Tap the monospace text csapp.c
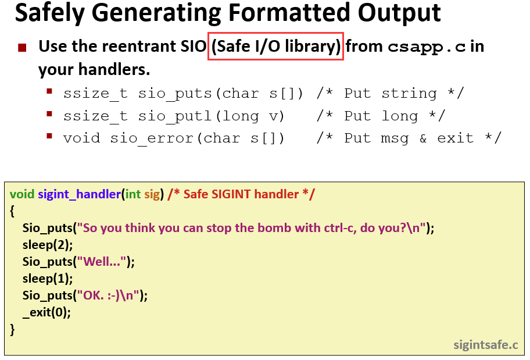coord(427,47)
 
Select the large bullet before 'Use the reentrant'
coord(22,47)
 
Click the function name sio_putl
coord(176,116)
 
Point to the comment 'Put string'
coord(391,94)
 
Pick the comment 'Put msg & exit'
coord(409,138)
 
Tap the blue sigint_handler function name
coord(80,194)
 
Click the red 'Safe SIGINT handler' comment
coord(241,194)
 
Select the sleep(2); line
coord(48,245)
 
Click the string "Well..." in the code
coord(101,262)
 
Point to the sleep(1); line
coord(48,279)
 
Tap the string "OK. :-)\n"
coord(108,295)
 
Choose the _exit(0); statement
coord(46,312)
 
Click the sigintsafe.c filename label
coord(486,345)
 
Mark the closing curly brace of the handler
coord(13,329)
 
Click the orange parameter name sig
coord(152,195)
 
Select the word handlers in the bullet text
coord(114,69)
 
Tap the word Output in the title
coord(399,13)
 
